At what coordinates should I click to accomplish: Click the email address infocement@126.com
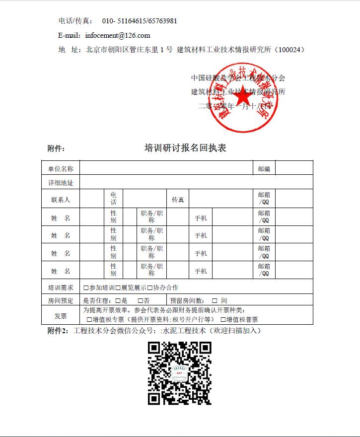118,35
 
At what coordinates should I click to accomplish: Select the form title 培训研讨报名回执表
185,148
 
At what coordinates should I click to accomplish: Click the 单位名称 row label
61,169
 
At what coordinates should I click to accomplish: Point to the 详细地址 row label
61,183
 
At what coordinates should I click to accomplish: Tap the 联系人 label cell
61,200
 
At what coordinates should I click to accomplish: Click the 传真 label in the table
178,200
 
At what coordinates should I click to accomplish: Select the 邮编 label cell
264,169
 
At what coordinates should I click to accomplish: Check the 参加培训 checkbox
86,288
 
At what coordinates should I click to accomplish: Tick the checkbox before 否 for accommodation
141,300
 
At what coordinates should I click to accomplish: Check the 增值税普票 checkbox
223,320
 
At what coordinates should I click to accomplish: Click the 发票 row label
61,316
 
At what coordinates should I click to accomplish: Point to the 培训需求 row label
61,288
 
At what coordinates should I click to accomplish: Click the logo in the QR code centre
179,372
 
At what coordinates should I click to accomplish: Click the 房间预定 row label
61,300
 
